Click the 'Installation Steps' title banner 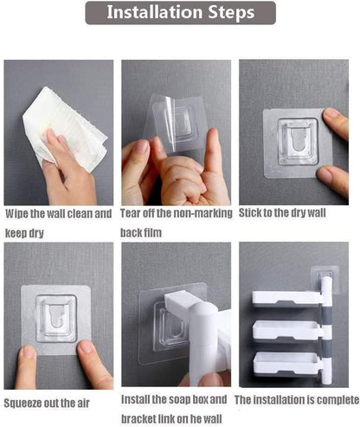[x=180, y=13]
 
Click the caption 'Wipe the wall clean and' [x=59, y=213]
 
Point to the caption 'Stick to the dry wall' [x=282, y=213]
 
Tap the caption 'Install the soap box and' [x=176, y=399]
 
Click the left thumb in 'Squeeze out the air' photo [x=28, y=362]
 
